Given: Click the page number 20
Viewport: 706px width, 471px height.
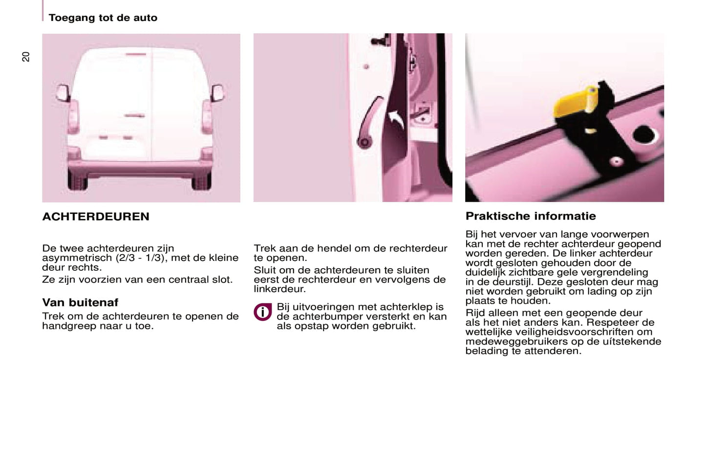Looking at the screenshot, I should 26,57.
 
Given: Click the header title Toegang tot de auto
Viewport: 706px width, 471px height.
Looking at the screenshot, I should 103,18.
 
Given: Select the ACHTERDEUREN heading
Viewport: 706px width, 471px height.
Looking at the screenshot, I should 96,216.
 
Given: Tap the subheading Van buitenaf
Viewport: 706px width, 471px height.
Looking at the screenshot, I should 80,302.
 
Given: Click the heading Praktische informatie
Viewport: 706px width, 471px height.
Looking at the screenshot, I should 531,216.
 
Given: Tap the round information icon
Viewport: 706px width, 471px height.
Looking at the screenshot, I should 262,312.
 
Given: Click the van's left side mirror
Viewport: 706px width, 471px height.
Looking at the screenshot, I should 63,93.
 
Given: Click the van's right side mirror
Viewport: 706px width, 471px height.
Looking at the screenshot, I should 217,92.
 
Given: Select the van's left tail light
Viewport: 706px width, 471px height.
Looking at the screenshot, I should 73,117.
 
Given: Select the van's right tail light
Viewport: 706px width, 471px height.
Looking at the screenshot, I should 207,117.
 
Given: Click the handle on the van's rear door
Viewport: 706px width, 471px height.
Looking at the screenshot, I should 134,116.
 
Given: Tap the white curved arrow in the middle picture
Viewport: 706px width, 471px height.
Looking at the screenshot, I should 397,119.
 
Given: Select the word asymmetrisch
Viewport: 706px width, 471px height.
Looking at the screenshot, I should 77,258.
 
